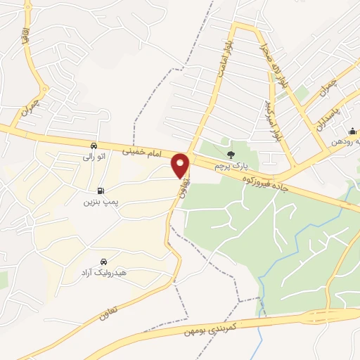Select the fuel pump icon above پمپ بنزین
pyautogui.click(x=101, y=191)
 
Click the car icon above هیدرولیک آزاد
pyautogui.click(x=104, y=261)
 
